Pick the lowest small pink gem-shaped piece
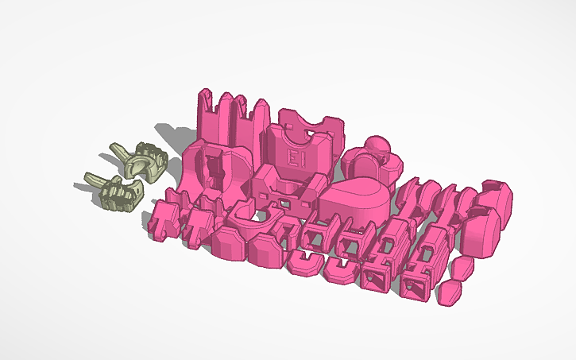[450, 292]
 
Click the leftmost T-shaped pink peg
[164, 220]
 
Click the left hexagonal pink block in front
[230, 243]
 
